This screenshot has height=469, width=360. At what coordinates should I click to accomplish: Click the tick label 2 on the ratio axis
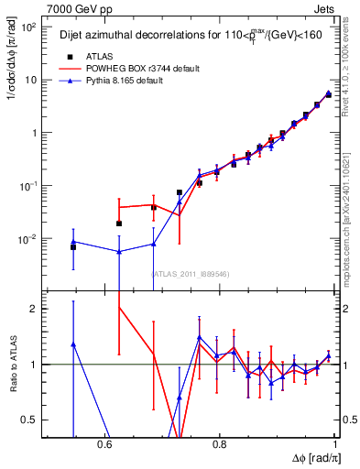(x=35, y=309)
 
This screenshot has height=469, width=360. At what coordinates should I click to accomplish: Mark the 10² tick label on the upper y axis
(x=29, y=27)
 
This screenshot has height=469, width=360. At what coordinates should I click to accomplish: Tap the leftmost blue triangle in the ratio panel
(x=73, y=344)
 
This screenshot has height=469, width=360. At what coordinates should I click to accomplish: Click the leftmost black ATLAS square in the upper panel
(x=73, y=247)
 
